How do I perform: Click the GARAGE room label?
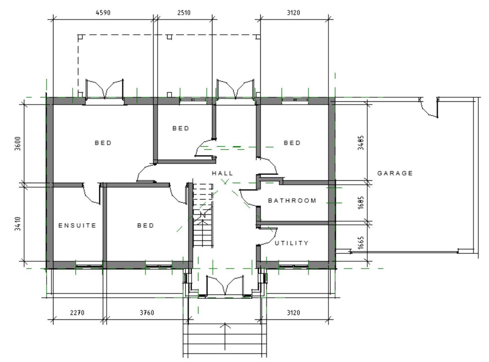tap(395, 173)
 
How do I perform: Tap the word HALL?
tap(222, 173)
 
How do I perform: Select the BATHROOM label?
tap(292, 200)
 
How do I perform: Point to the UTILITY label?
tap(291, 243)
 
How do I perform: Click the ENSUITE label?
tap(77, 225)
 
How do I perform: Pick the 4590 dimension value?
tap(103, 13)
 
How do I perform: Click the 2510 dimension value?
tap(184, 13)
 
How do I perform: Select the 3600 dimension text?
tap(18, 143)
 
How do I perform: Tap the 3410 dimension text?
tap(18, 224)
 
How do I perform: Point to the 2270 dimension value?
tap(77, 312)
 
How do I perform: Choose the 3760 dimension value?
tap(147, 312)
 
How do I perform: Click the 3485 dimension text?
tap(361, 143)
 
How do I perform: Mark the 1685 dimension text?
tap(361, 202)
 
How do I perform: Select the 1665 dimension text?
tap(361, 243)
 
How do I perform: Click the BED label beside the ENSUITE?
tap(146, 225)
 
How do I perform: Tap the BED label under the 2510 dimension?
tap(181, 128)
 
